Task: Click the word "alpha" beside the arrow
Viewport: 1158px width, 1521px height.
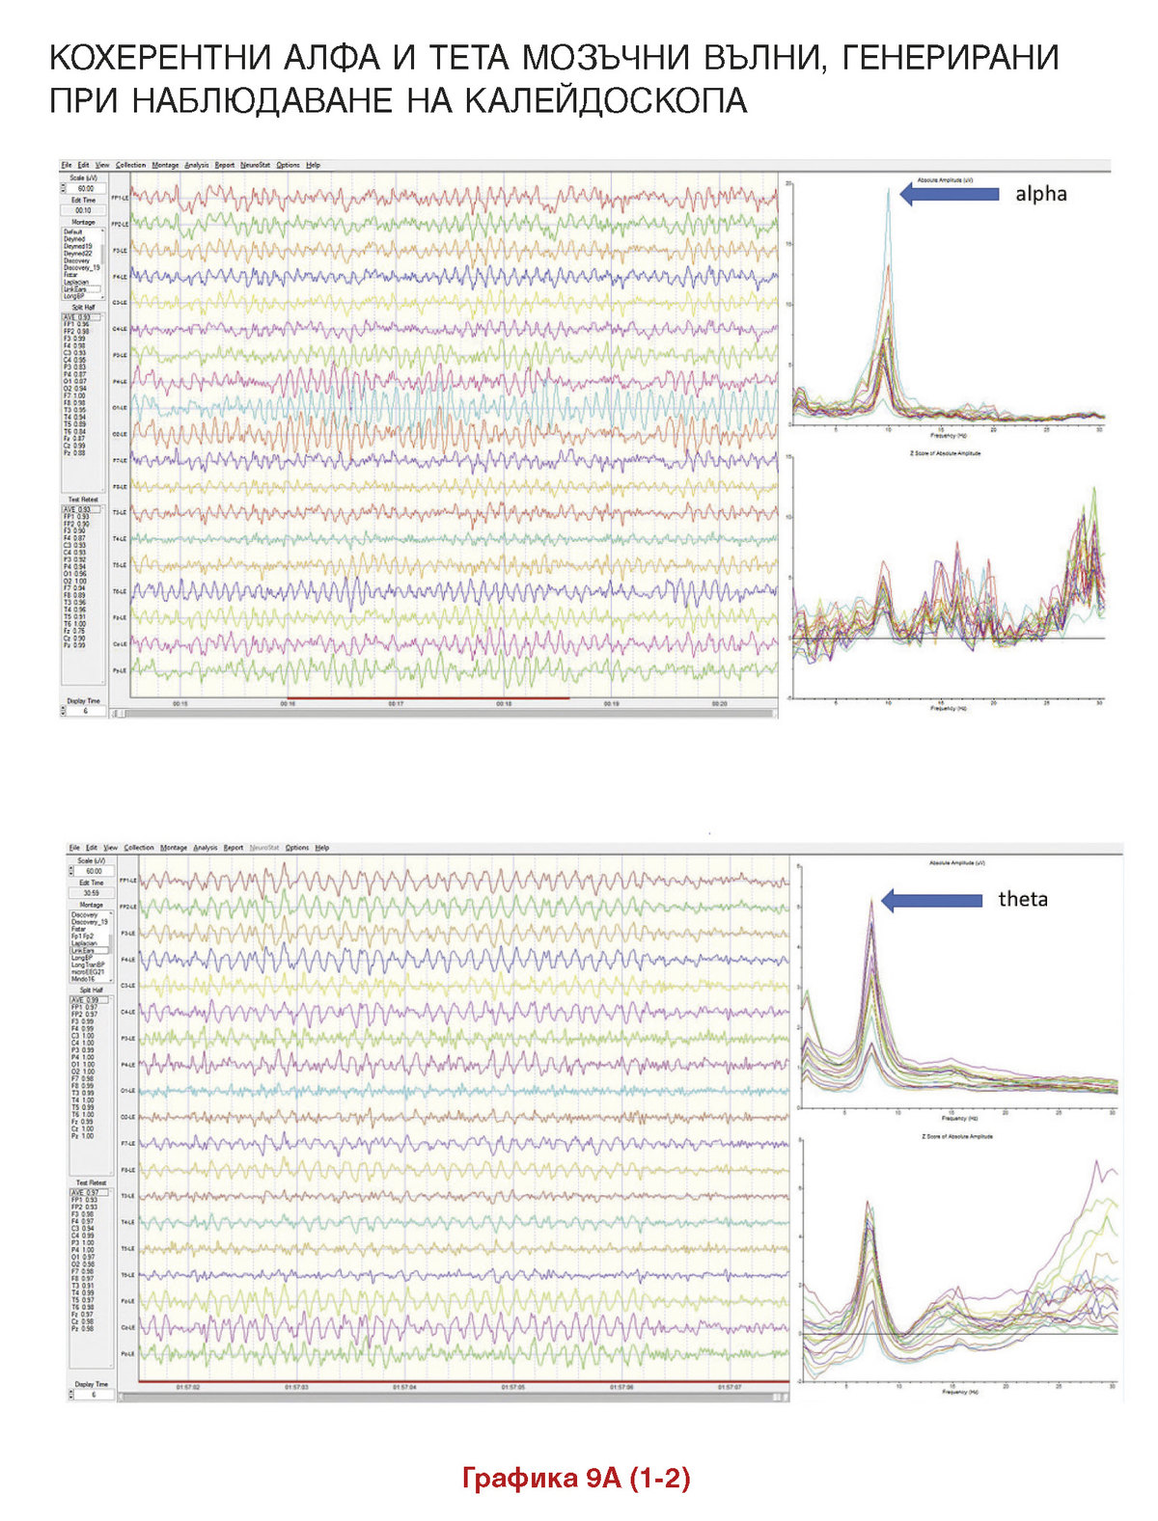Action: coord(1040,194)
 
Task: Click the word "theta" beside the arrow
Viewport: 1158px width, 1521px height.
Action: coord(1023,899)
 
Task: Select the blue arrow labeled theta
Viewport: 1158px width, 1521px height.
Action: coord(931,900)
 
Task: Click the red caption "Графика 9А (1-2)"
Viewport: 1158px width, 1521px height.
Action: coord(576,1478)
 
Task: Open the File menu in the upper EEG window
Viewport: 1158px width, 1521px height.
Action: coord(67,165)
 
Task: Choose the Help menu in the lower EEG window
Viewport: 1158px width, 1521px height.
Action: coord(322,848)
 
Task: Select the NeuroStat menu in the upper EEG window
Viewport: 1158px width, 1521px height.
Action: coord(255,165)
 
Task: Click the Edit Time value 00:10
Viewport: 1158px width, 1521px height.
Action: coord(84,209)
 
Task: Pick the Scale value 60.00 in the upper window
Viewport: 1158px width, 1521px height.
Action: coord(84,189)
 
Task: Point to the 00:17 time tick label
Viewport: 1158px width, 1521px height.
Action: coord(396,704)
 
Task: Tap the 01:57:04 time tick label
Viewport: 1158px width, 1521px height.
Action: coord(404,1387)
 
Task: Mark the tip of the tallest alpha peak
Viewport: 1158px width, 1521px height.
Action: coord(889,189)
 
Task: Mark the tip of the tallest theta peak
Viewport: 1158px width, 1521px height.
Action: coord(871,900)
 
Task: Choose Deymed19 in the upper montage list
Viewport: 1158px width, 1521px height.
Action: coord(78,246)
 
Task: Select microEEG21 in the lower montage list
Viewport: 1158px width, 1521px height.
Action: coord(88,971)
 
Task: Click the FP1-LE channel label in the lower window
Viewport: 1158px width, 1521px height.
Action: coord(127,881)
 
